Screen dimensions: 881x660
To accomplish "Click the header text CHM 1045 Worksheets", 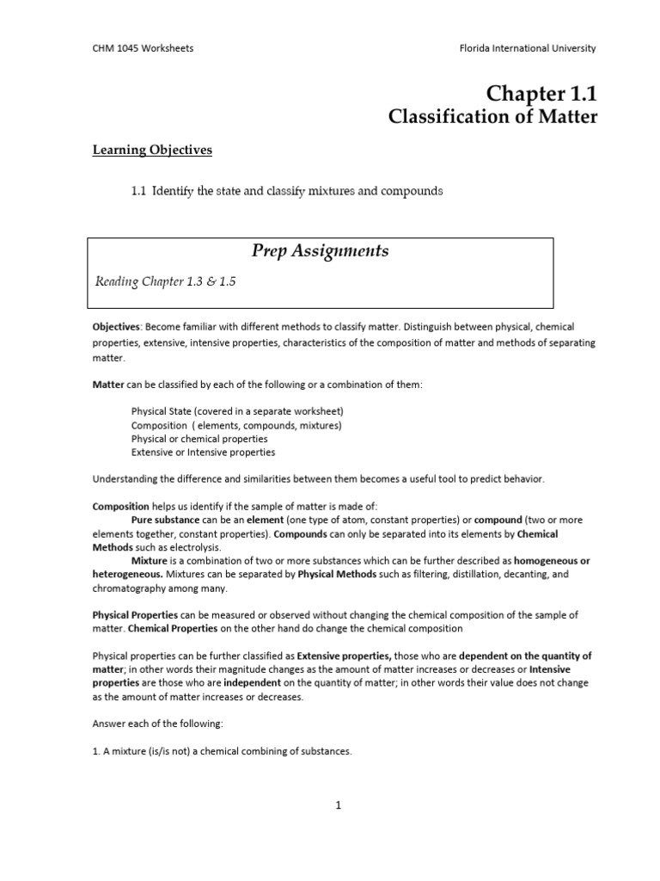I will tap(143, 48).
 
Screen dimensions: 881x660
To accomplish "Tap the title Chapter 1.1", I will tap(541, 93).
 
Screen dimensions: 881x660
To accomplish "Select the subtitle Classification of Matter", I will tap(493, 117).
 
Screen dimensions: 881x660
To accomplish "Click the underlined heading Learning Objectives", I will tap(152, 151).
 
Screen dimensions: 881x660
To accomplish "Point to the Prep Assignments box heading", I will tap(321, 251).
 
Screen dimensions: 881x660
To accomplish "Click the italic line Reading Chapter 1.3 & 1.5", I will tap(165, 283).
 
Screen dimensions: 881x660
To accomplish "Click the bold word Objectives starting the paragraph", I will tap(117, 327).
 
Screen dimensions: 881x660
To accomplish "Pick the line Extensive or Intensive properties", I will tap(203, 452).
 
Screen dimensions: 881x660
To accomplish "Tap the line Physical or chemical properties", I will tap(199, 438).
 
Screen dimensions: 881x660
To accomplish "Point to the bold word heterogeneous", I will tap(127, 574).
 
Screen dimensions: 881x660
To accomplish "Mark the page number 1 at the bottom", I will tap(339, 805).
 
